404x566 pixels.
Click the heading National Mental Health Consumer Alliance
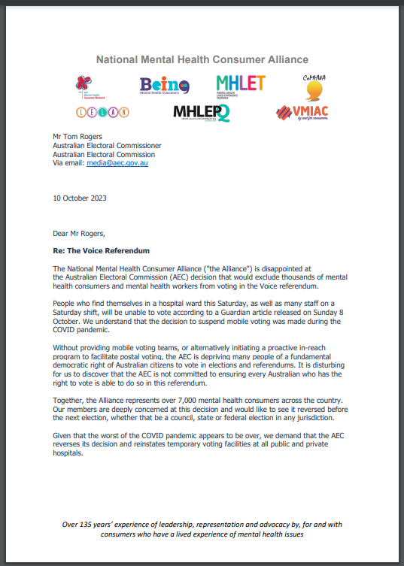pos(202,59)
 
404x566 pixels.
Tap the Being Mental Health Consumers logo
pos(164,86)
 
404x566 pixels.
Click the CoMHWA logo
pos(314,87)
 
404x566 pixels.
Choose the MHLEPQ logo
pos(201,113)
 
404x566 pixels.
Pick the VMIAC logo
pos(303,114)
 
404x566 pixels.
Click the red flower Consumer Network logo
pos(89,86)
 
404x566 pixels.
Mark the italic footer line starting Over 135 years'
pos(202,528)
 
